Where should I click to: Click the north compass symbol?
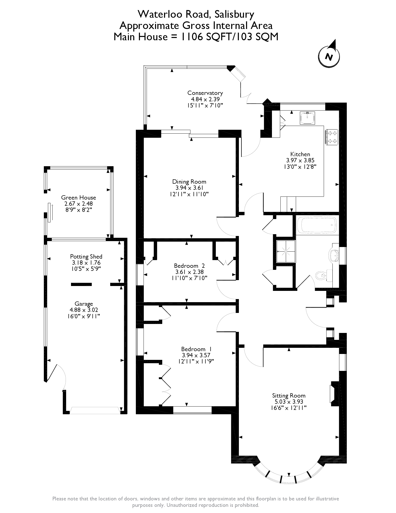329,56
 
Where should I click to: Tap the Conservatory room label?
205,93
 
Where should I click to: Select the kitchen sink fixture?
307,118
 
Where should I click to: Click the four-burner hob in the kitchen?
332,137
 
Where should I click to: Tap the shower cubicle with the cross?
286,251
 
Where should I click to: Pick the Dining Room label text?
189,182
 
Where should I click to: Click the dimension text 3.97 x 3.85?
300,160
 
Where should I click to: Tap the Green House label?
78,198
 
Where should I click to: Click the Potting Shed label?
86,256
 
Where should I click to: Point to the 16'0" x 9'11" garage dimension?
84,316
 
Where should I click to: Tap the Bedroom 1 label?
196,349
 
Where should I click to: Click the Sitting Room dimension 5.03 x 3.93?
289,402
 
